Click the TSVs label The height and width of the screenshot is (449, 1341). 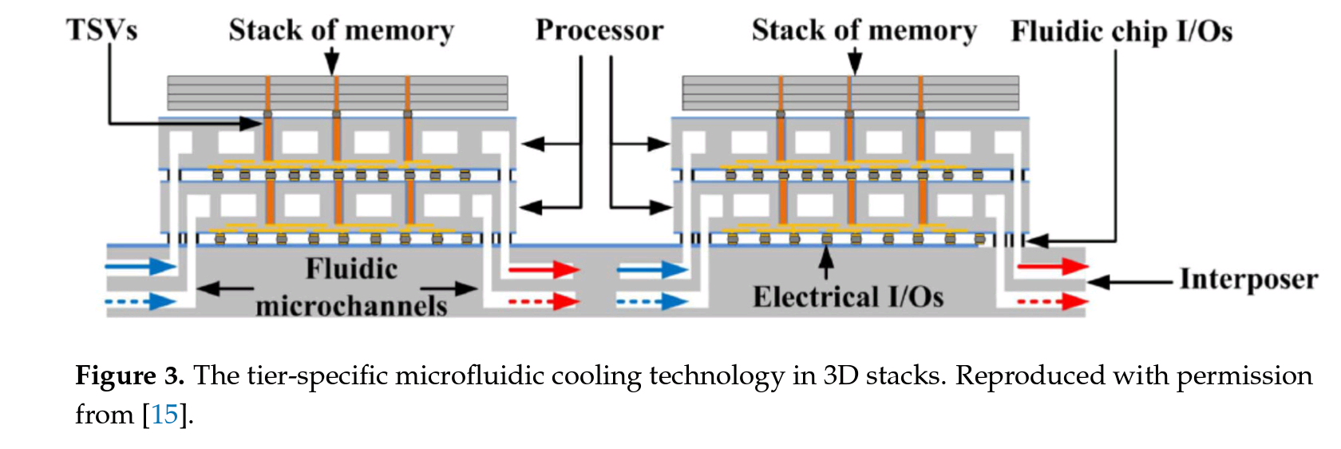101,30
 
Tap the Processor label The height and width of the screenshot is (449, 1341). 599,30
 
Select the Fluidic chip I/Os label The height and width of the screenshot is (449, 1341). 1121,31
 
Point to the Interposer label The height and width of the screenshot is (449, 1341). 1248,279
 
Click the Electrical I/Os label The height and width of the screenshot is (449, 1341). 848,297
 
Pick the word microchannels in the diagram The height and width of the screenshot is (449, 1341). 351,306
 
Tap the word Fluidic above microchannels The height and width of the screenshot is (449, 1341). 351,268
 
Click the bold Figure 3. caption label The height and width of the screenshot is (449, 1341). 130,375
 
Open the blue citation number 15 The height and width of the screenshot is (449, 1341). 164,415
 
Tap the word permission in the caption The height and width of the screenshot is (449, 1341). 1244,375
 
